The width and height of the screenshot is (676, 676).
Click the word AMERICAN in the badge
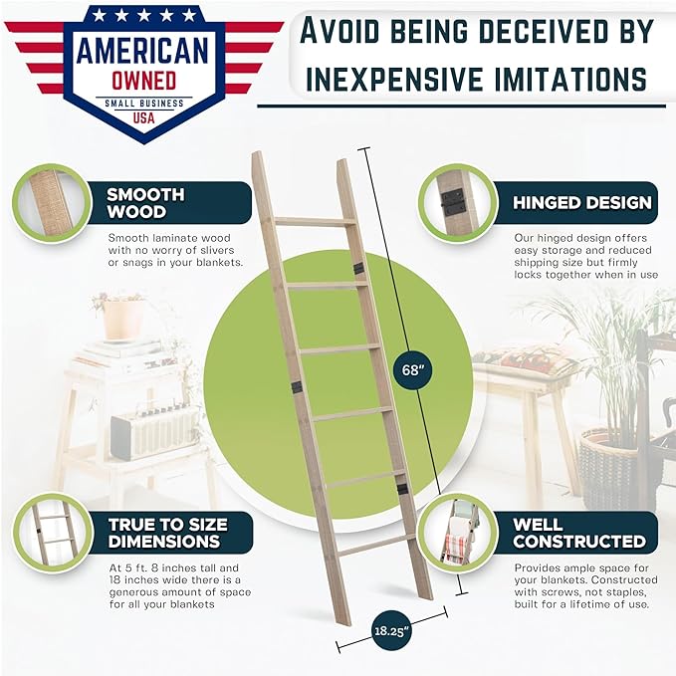click(142, 51)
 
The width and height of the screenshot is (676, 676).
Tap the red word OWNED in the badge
click(144, 81)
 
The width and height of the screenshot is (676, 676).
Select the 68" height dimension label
click(413, 370)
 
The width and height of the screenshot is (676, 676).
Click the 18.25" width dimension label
click(390, 631)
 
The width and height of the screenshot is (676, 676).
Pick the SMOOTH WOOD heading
click(145, 203)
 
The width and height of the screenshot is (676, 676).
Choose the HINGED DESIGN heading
click(582, 203)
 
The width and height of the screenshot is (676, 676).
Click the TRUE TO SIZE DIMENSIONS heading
click(167, 533)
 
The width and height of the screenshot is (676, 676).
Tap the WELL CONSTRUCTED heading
click(579, 533)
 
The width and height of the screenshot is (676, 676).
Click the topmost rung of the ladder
click(316, 222)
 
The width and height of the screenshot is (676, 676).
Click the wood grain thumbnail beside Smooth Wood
click(52, 203)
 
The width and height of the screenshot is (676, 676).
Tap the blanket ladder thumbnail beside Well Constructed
click(457, 533)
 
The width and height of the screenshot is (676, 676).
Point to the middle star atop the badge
click(144, 16)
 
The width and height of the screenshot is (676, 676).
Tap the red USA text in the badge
click(143, 117)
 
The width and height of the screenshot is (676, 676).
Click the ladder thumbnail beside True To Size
click(52, 533)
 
